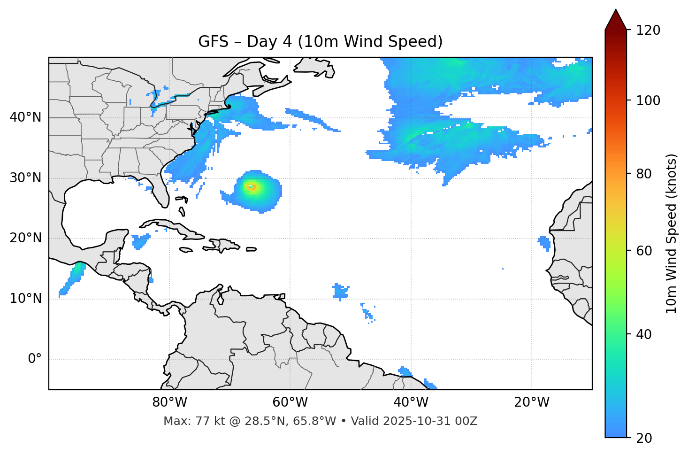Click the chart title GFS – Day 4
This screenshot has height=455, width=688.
click(321, 42)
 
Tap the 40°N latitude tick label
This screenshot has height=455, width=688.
click(25, 117)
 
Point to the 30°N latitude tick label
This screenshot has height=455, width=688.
click(25, 178)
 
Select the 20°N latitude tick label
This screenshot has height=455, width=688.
click(25, 238)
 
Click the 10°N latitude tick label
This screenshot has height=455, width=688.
click(25, 299)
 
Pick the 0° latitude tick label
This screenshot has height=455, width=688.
click(35, 359)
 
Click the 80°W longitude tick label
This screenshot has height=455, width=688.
click(169, 402)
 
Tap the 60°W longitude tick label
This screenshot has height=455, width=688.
click(290, 402)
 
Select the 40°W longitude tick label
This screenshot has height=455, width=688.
click(411, 402)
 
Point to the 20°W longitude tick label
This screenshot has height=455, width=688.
click(531, 402)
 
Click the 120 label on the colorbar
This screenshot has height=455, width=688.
click(648, 31)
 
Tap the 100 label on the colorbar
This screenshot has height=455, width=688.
click(648, 100)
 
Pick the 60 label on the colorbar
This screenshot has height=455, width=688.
click(645, 251)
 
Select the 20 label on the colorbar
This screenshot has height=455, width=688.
click(645, 438)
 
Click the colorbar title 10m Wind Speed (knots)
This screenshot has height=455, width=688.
click(672, 234)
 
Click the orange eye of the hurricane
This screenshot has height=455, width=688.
click(252, 187)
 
